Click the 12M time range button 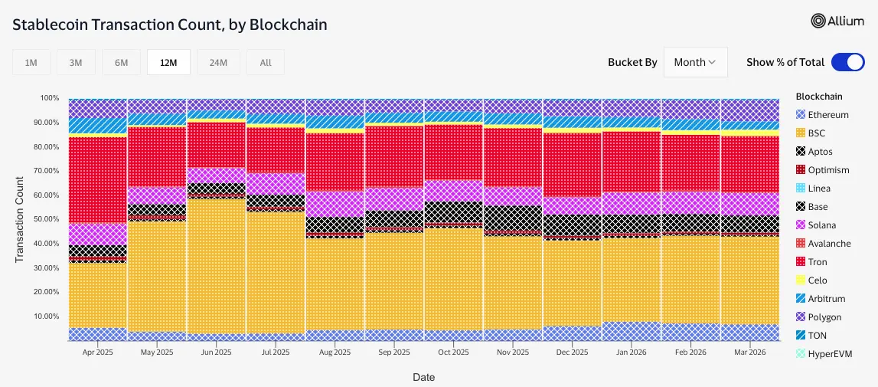168,63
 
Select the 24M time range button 218,63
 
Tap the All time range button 266,63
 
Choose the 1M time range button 31,63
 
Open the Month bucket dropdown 695,62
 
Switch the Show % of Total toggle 847,62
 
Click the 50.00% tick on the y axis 44,219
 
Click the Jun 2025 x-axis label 216,353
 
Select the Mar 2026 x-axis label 749,353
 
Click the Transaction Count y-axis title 20,219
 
